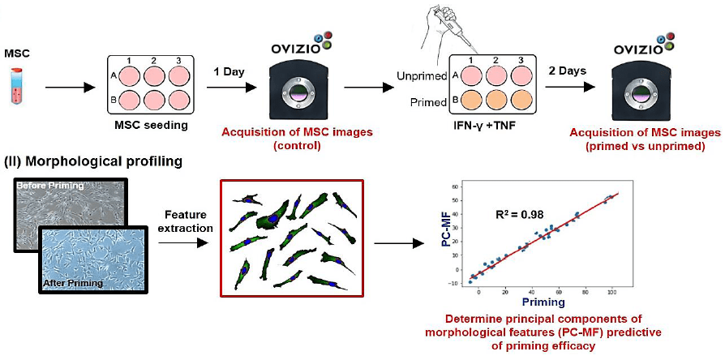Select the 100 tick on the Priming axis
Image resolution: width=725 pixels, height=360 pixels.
612,290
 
